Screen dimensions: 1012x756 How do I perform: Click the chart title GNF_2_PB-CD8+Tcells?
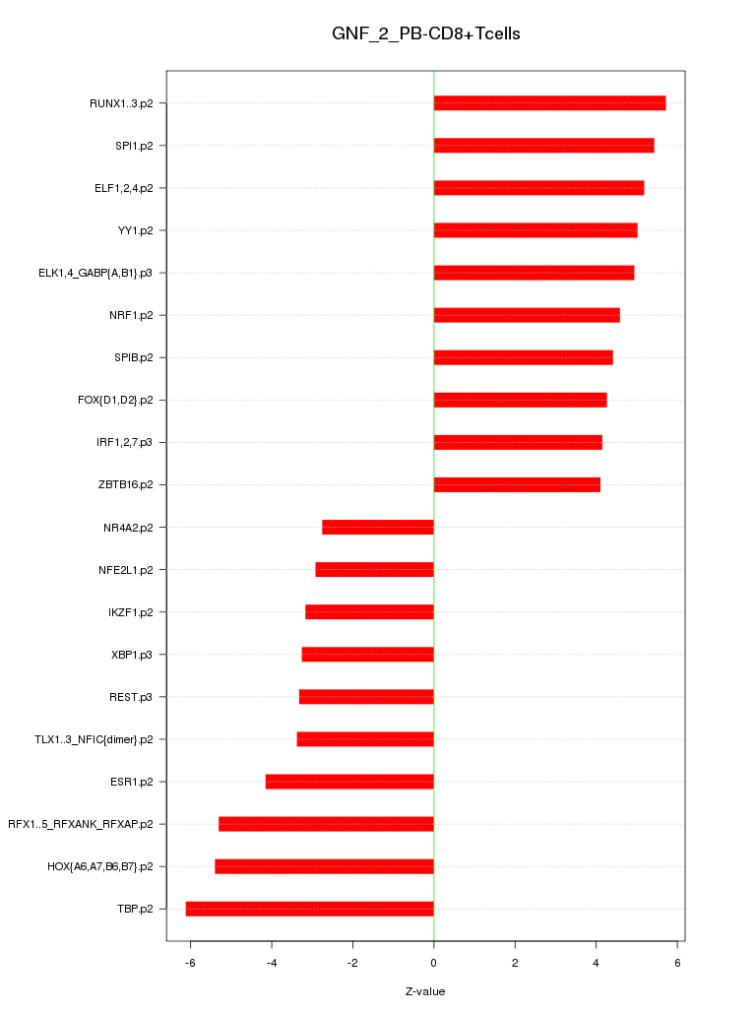[x=425, y=34]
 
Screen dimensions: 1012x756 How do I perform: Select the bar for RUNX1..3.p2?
[x=549, y=103]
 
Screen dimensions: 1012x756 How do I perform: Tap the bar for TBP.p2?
[x=309, y=909]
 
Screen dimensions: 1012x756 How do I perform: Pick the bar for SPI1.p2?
[x=543, y=146]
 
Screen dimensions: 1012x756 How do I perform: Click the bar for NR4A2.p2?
[x=378, y=528]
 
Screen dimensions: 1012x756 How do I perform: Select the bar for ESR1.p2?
[x=349, y=782]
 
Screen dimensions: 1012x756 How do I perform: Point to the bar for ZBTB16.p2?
[x=517, y=484]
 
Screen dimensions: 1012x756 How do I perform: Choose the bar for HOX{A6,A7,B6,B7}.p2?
[x=324, y=866]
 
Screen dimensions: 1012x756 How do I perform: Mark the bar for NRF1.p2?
[x=527, y=315]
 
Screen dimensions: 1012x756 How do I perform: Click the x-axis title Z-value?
[x=425, y=991]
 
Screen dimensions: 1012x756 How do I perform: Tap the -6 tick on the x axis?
[x=190, y=962]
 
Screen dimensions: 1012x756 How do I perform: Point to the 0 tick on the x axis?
[x=433, y=962]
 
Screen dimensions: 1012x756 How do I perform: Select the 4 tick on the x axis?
[x=596, y=962]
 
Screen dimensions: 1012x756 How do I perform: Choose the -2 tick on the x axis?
[x=351, y=962]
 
